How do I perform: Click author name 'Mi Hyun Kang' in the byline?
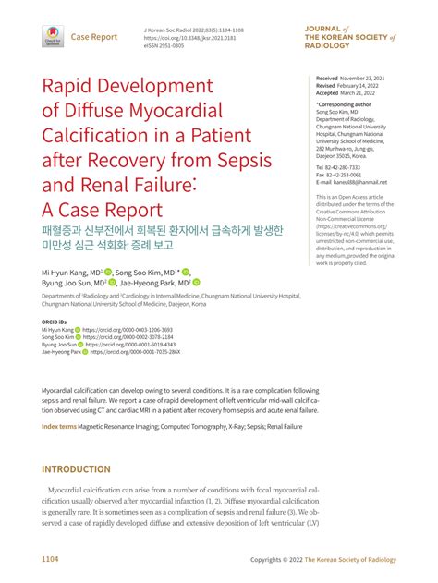pyautogui.click(x=66, y=273)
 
